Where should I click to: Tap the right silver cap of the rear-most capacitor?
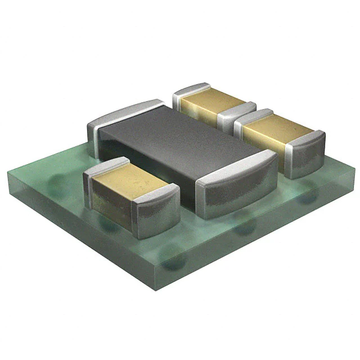click(x=236, y=115)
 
